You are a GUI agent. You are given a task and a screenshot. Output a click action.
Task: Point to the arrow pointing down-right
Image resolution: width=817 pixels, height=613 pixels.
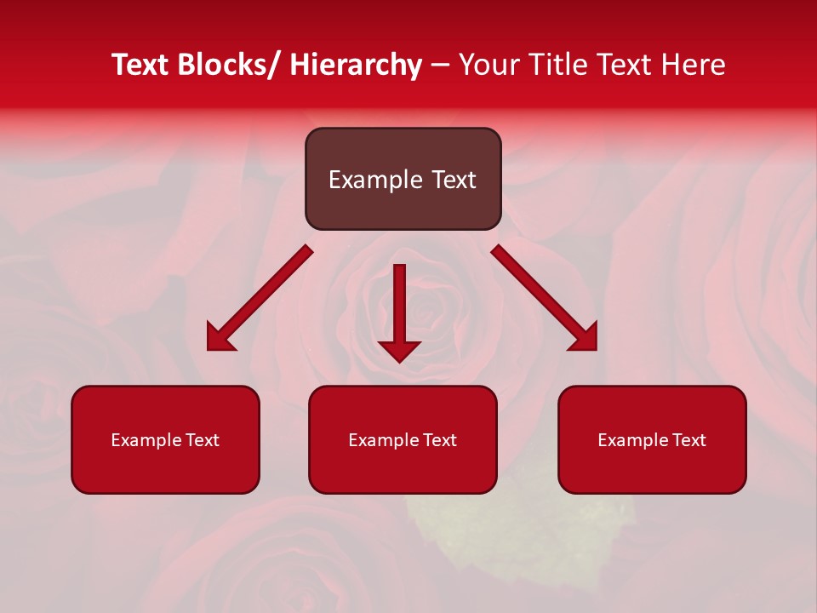click(545, 298)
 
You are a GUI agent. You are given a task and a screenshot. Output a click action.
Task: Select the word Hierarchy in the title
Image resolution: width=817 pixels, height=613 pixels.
click(356, 65)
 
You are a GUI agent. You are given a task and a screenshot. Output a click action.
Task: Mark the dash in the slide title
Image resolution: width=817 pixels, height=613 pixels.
click(440, 65)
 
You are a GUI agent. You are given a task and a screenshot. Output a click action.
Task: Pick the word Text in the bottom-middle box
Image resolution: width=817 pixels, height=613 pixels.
click(439, 440)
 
